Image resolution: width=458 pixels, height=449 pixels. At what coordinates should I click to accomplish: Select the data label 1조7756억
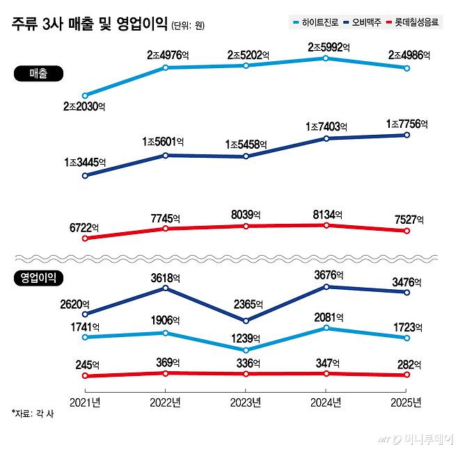406,124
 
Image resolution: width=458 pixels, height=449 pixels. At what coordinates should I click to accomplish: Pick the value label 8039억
245,215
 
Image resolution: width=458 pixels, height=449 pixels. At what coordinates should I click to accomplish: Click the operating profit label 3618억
164,277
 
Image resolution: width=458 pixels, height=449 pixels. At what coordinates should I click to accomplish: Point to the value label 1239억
245,338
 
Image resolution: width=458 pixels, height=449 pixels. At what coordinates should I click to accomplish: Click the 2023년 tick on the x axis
246,402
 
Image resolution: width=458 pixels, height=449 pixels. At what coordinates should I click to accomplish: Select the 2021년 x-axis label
85,402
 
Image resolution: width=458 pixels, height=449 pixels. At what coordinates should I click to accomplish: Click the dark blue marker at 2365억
246,321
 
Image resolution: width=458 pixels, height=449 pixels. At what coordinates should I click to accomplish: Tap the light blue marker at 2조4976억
165,67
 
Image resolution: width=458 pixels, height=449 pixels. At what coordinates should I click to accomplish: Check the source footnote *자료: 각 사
33,414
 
